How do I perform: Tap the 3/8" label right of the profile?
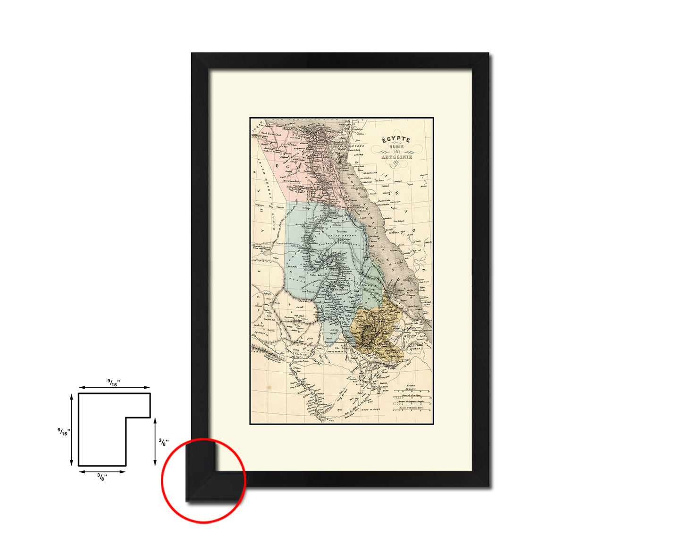162,442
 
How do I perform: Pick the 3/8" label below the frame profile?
102,477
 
